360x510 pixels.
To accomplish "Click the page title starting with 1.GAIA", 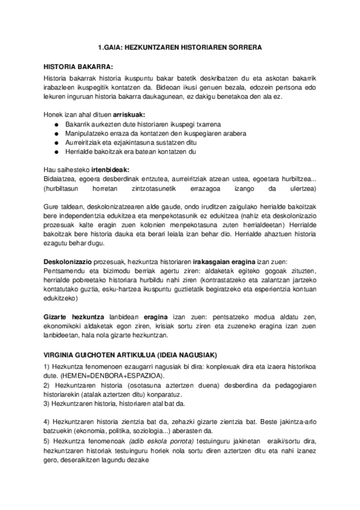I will tap(180, 46).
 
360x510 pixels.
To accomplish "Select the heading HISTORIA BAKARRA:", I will tap(79, 66).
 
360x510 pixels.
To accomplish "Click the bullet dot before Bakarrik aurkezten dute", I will tap(56, 124).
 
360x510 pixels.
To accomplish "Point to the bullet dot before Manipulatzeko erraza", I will tap(56, 134).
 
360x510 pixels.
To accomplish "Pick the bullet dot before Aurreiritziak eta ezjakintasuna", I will tap(56, 143).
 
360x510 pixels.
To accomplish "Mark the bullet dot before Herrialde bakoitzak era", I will tap(56, 152).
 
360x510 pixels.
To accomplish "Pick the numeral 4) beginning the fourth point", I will tap(48, 421).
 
